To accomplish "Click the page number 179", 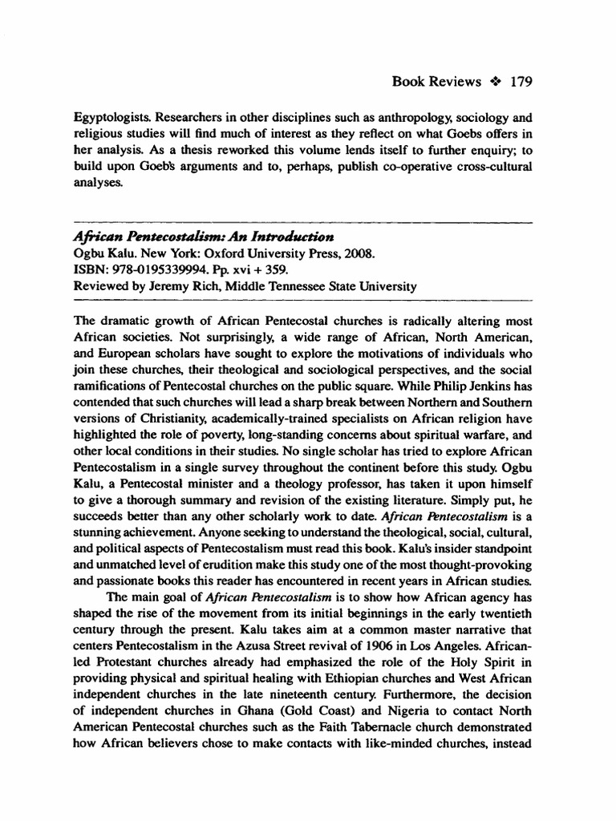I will pos(521,82).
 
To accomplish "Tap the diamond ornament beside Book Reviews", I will pos(495,82).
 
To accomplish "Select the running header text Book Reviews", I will pos(437,82).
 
